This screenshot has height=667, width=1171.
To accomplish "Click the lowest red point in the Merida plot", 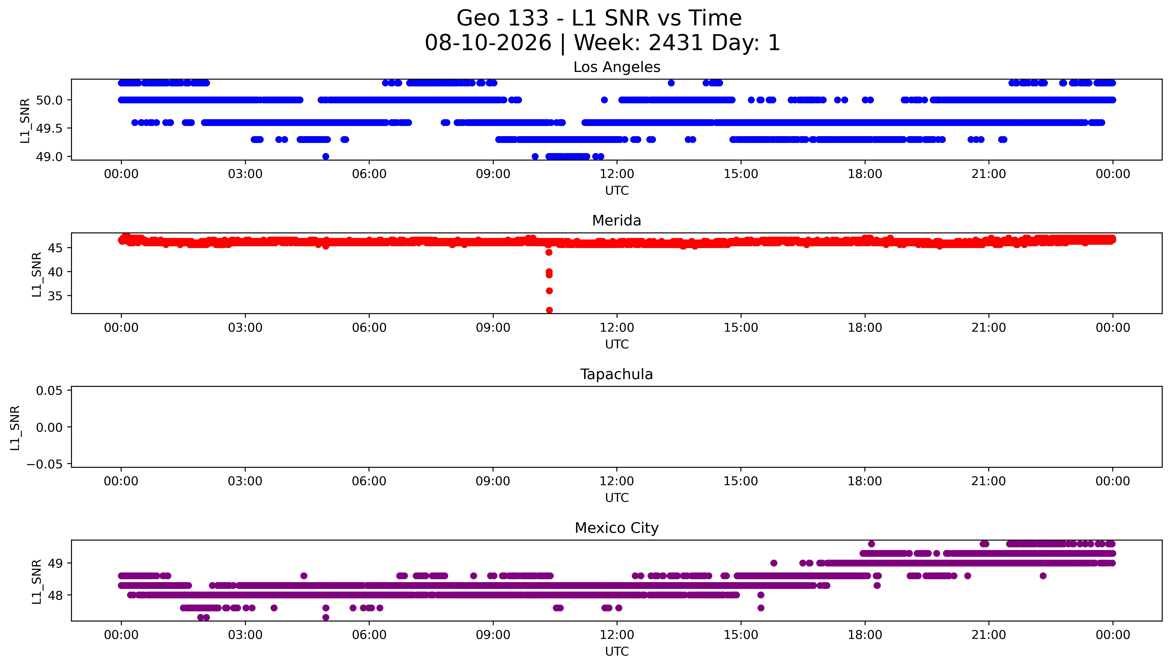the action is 549,310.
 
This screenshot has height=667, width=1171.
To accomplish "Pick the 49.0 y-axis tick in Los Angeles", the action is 49,157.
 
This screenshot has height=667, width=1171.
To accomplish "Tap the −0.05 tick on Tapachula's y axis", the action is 44,464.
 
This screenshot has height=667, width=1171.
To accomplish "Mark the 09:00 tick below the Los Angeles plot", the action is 493,174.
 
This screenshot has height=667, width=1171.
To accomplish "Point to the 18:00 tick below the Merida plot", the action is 865,327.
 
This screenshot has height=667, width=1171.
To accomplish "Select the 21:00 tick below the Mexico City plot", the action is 989,635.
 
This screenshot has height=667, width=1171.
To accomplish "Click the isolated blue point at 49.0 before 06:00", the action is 326,156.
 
